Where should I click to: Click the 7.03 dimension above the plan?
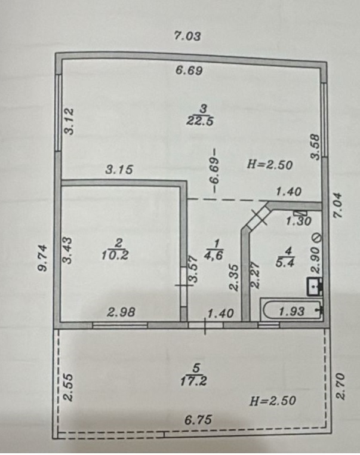coord(187,36)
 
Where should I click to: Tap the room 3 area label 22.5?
coord(199,120)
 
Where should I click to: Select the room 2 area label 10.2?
coord(115,256)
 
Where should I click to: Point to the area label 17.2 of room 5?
coord(193,381)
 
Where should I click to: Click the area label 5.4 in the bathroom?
coord(285,263)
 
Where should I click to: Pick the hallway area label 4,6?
coord(213,256)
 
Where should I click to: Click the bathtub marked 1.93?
coord(291,310)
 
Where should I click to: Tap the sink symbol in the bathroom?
coord(315,287)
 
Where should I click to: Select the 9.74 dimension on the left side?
coord(43,258)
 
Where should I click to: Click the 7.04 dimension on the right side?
coord(338,205)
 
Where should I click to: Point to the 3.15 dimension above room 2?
coord(119,170)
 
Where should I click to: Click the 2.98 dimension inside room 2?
coord(121,312)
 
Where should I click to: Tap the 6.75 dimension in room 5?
coord(198,419)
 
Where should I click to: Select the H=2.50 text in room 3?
coord(270,165)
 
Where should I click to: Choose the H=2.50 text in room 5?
coord(273,401)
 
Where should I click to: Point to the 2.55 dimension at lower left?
coord(68,387)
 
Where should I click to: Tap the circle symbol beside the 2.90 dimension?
coord(317,238)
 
